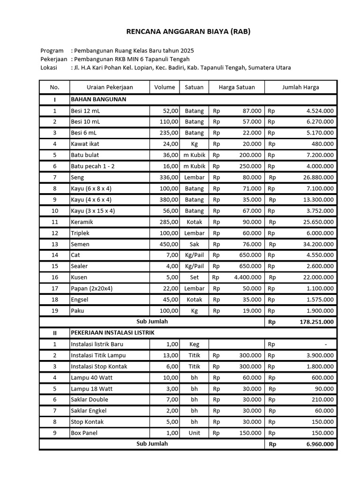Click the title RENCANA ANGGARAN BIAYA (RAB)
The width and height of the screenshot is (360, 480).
click(182, 32)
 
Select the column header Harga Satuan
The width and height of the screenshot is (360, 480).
click(236, 87)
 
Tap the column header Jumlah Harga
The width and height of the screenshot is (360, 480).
click(300, 87)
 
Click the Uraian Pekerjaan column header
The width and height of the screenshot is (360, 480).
click(110, 87)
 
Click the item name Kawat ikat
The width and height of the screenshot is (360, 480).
click(85, 144)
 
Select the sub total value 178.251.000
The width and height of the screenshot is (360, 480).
click(316, 322)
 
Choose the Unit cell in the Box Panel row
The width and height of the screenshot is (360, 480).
click(194, 433)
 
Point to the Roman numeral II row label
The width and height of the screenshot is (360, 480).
click(54, 332)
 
